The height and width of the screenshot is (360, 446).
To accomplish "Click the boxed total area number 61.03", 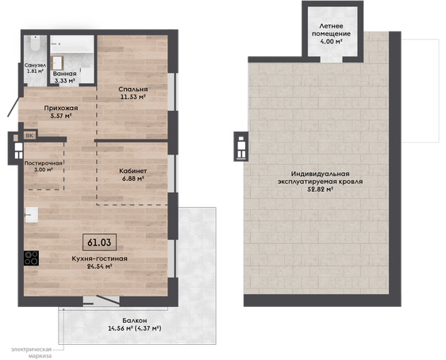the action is click(x=99, y=243).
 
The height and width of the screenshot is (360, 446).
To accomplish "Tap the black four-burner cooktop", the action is click(x=31, y=258).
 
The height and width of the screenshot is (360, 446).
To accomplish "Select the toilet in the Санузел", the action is click(x=36, y=44).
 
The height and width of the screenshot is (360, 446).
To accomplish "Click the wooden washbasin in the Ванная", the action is click(x=57, y=63).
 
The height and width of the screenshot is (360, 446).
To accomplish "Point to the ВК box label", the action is click(x=29, y=136).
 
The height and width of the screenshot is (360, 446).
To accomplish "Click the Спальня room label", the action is click(x=133, y=90).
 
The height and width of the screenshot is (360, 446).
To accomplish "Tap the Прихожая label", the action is click(x=61, y=108).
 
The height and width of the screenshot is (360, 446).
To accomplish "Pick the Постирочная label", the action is click(x=43, y=163).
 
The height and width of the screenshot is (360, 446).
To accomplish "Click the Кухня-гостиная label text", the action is click(x=99, y=259).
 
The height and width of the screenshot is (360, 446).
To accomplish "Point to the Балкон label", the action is click(x=135, y=320).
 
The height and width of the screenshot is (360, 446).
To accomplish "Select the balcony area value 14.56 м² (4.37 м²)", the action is click(x=135, y=328).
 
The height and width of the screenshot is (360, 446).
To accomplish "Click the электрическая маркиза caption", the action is click(x=32, y=352).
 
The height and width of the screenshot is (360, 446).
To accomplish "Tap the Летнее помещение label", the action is click(x=331, y=30).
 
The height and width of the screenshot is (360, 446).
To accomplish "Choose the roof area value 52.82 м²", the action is click(x=321, y=190).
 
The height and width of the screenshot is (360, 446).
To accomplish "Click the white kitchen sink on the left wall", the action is click(x=31, y=215).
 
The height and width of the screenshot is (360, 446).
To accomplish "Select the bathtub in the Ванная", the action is click(x=72, y=44).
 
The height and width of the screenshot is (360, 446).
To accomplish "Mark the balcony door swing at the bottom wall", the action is click(x=108, y=301).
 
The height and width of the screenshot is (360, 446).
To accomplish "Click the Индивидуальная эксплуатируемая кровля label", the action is click(x=321, y=178).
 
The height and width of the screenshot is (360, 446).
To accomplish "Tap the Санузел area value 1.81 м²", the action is click(x=35, y=71).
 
